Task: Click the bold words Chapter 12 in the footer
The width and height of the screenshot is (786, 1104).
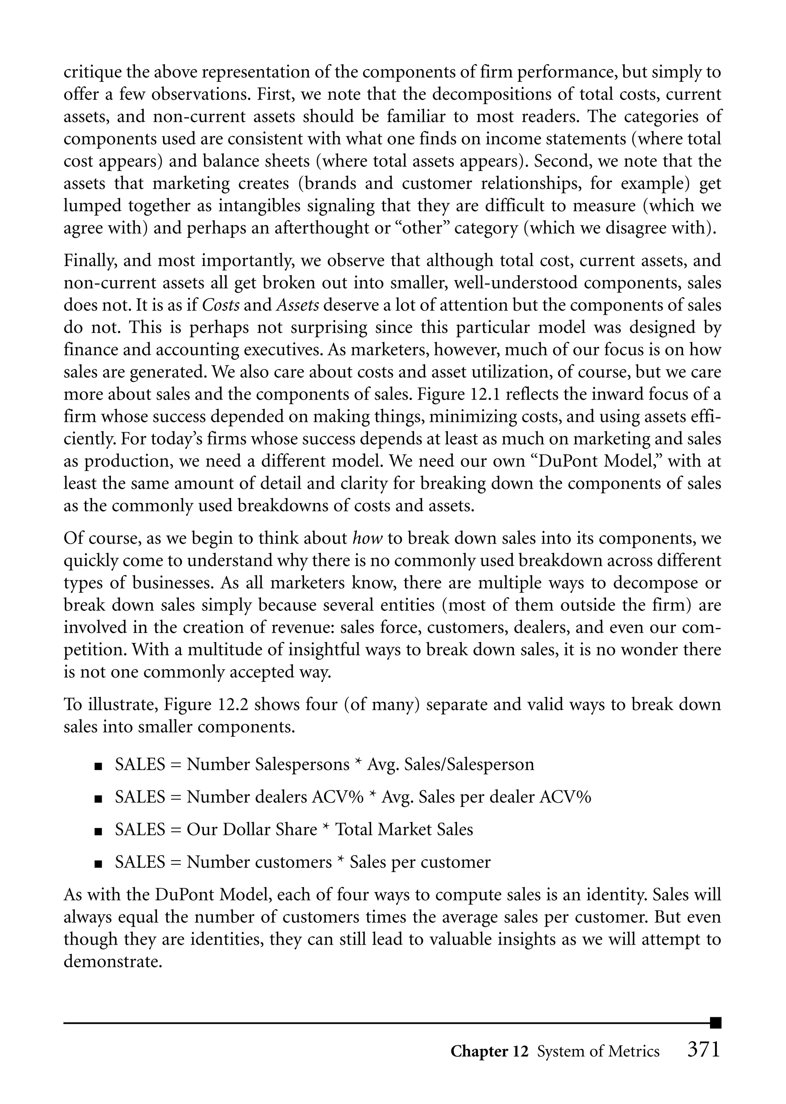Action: (489, 1051)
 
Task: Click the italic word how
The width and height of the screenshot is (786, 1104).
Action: (367, 538)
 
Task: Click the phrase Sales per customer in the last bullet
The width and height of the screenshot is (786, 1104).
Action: (420, 862)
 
